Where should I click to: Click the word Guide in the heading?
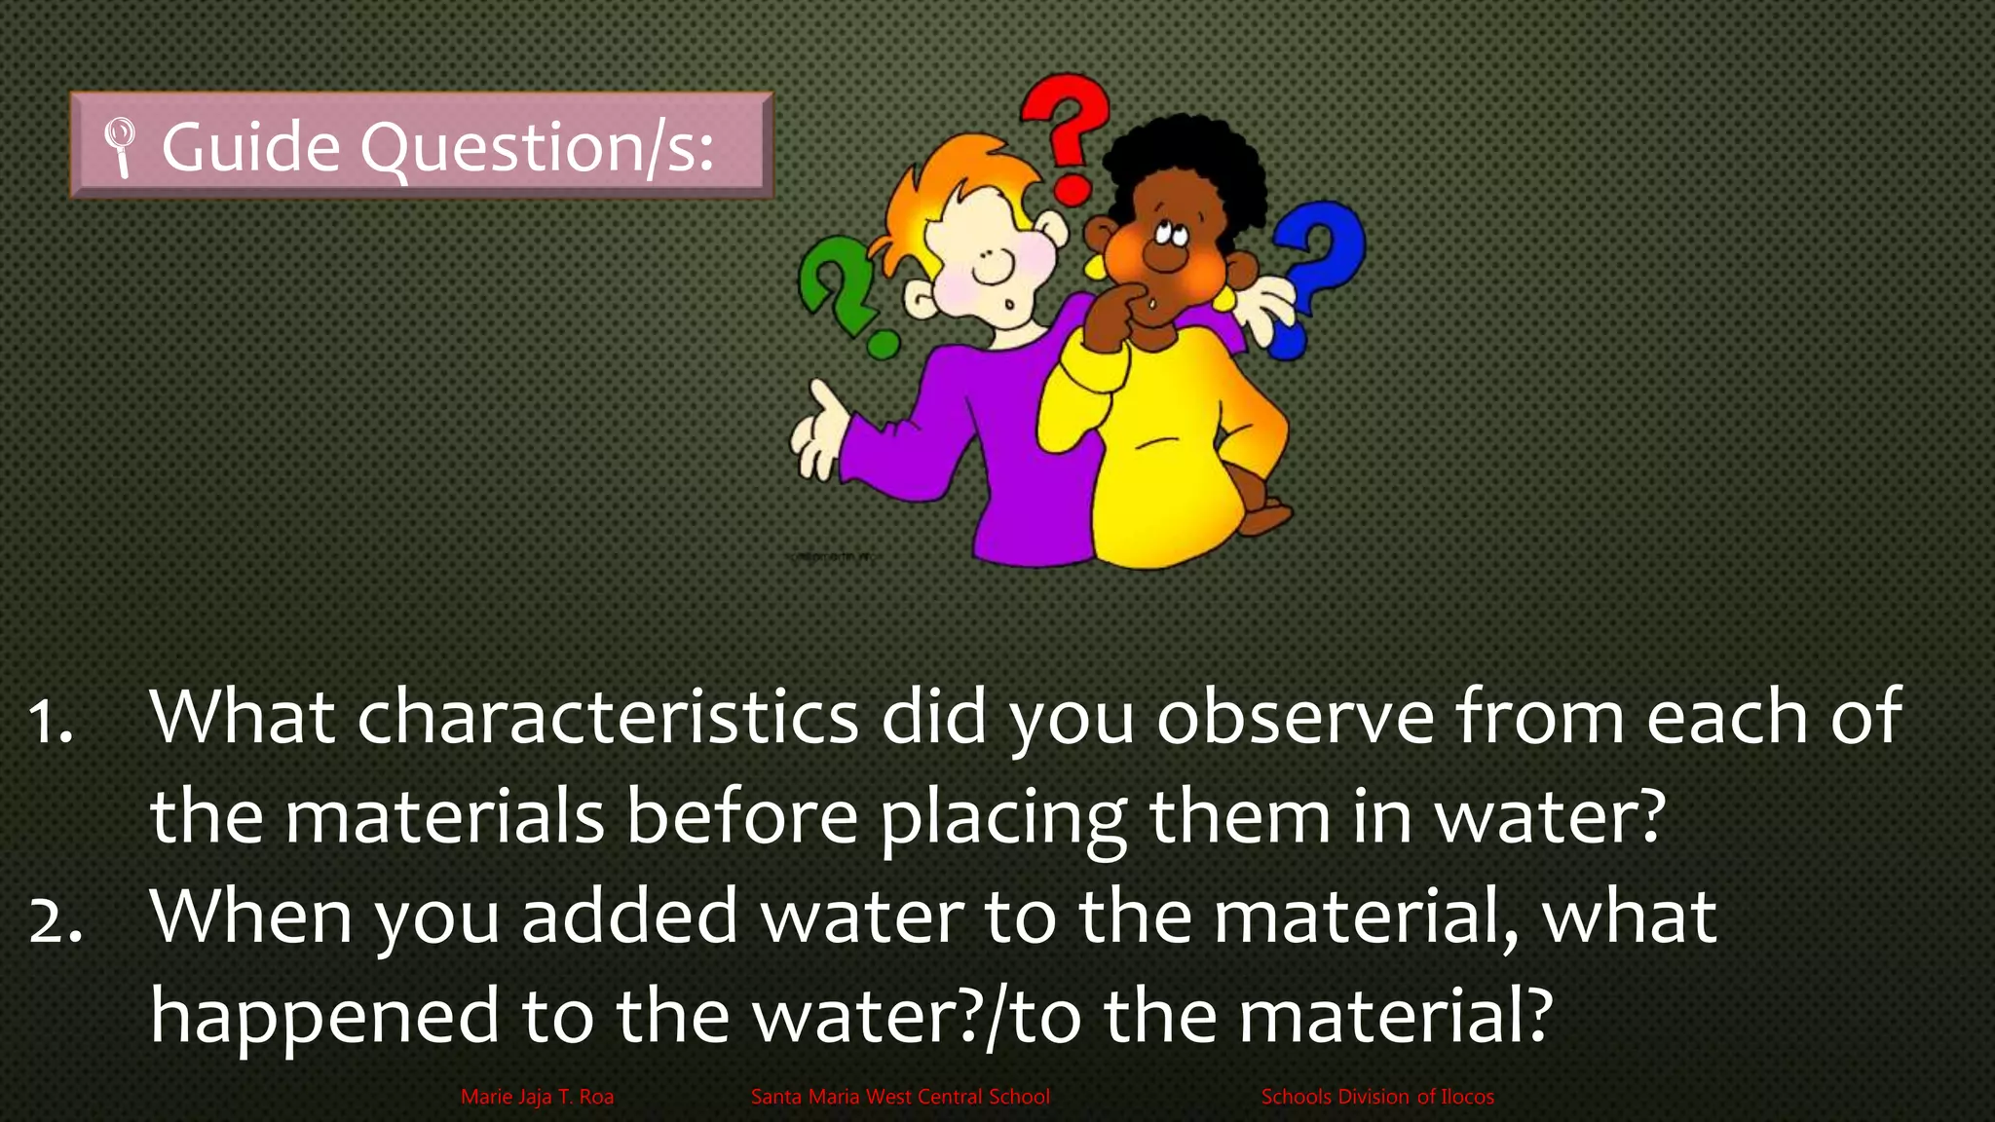pos(250,147)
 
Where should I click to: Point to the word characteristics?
pos(607,717)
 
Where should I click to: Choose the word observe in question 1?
pos(1296,717)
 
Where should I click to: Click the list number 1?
pos(51,721)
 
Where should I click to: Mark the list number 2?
pos(55,919)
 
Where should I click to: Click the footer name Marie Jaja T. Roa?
pos(537,1097)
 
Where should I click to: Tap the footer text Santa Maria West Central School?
pos(900,1097)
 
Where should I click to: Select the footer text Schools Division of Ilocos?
pos(1377,1097)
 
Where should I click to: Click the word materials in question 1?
pos(444,817)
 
